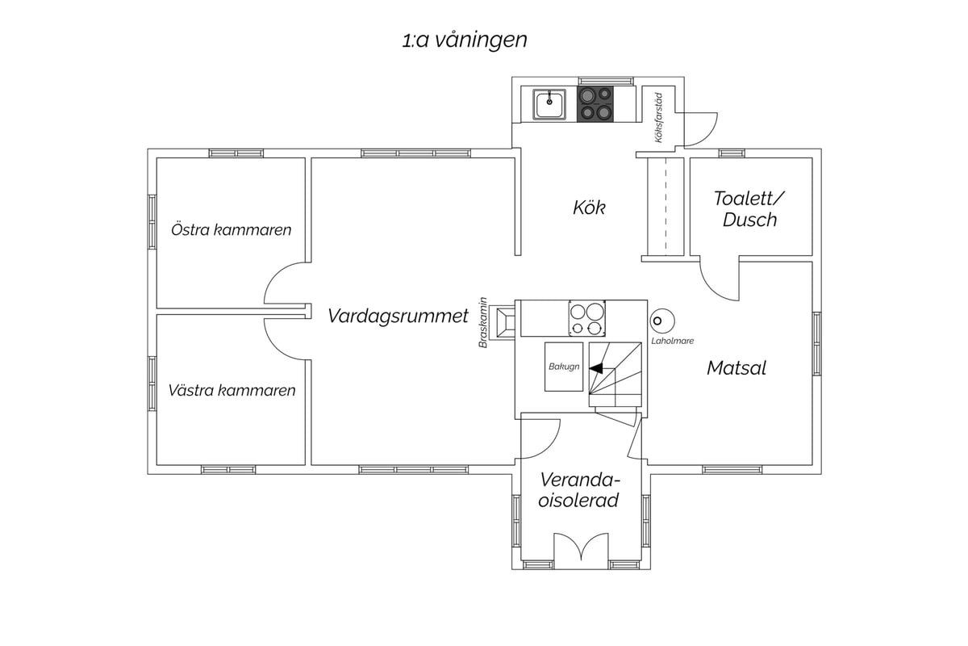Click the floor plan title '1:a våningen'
pos(465,40)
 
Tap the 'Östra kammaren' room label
pos(232,230)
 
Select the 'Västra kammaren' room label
pos(232,390)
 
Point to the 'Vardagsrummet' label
pos(398,316)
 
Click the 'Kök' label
pos(589,208)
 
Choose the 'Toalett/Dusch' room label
pos(749,209)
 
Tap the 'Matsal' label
pos(736,368)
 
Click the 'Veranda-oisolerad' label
pos(579,490)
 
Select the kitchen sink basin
pos(549,104)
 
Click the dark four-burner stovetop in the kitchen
pos(595,104)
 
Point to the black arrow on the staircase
pos(596,369)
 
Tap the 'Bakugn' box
pos(564,367)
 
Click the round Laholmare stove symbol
pos(662,321)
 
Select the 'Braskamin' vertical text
pos(483,322)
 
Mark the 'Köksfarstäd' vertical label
pos(658,118)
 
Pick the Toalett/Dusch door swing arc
pos(713,290)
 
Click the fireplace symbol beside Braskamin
pos(505,322)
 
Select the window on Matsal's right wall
pos(816,343)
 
